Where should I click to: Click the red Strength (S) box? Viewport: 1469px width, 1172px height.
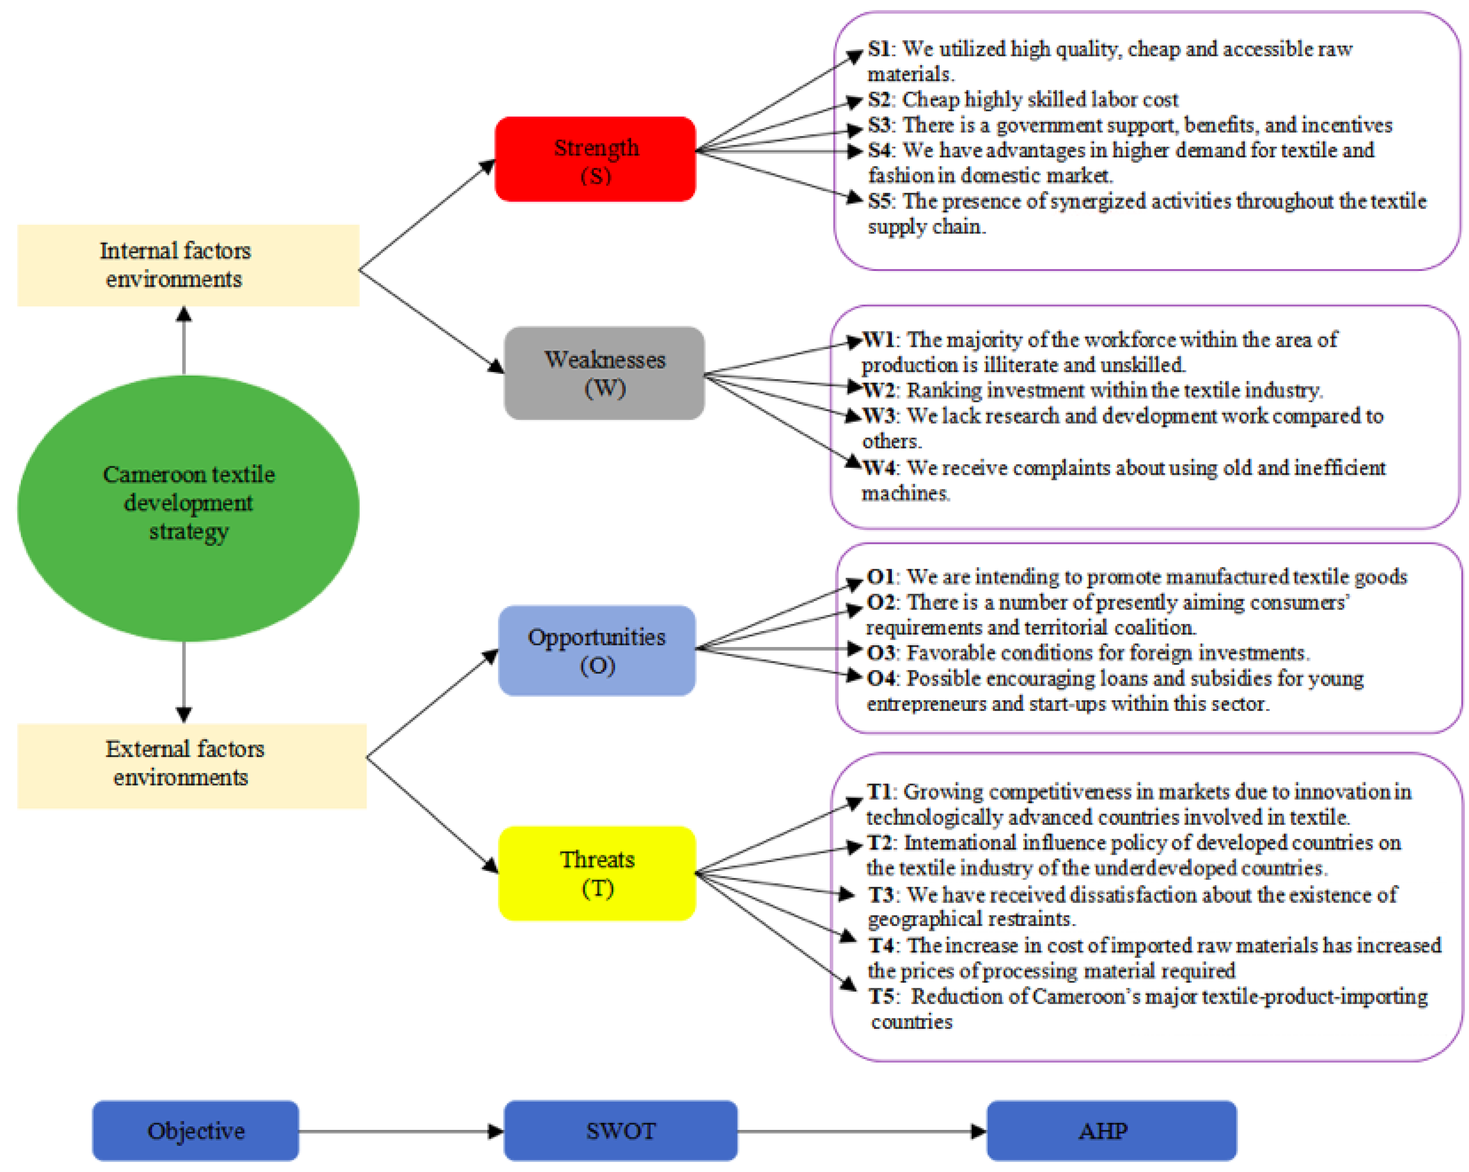point(595,160)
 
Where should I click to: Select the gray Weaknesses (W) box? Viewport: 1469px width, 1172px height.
point(604,373)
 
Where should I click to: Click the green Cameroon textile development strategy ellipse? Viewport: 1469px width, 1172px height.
point(188,508)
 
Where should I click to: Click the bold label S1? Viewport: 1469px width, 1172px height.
point(879,49)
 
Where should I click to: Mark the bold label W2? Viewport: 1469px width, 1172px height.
point(878,390)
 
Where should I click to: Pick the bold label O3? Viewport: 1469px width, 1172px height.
point(880,653)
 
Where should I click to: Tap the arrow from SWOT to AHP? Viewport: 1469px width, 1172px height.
point(862,1131)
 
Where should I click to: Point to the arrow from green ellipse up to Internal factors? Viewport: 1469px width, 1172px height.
point(184,341)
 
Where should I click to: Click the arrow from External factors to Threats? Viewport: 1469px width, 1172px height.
point(433,814)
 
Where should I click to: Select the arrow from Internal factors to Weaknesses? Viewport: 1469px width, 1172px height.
point(431,320)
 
